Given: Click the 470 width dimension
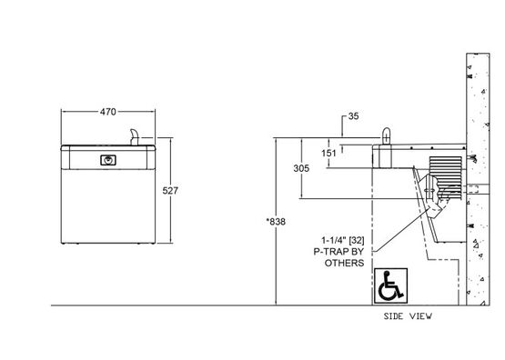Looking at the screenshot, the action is click(108, 112).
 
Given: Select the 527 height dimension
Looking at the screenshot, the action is click(170, 191).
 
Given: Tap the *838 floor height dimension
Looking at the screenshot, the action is click(276, 222).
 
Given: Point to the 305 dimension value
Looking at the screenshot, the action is click(301, 168).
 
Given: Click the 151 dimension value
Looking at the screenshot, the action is click(328, 153).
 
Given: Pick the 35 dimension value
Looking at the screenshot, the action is click(353, 116).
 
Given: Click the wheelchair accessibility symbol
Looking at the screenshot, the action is click(390, 285).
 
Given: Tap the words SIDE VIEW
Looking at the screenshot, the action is click(408, 316).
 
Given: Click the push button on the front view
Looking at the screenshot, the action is click(108, 160).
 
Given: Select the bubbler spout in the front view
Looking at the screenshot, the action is click(135, 137).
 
